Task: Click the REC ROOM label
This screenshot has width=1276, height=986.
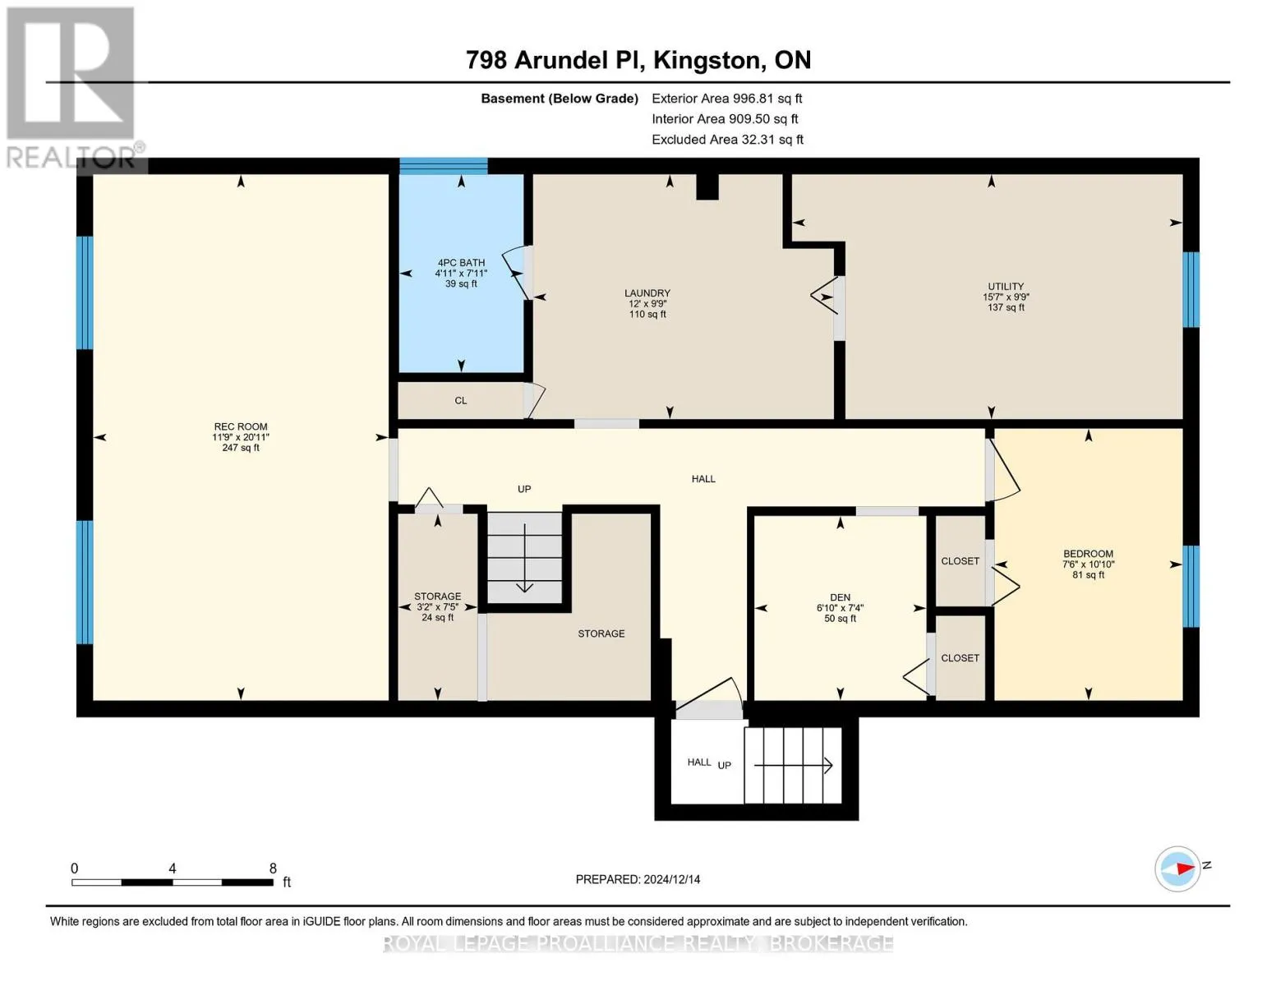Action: (241, 426)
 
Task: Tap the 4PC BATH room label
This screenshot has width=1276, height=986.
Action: (461, 262)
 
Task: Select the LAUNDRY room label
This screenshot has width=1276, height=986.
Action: (647, 293)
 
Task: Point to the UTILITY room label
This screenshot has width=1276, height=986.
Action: (1006, 287)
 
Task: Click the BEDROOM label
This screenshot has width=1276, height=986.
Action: (1088, 554)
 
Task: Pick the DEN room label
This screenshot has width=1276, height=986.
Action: (841, 597)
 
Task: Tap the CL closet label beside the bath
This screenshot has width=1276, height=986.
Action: (460, 400)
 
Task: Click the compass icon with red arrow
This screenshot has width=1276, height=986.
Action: (1177, 869)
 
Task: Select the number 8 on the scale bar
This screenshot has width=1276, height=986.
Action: (273, 868)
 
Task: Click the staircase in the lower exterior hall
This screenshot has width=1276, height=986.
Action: (794, 765)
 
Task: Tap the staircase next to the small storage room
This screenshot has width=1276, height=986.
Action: (524, 557)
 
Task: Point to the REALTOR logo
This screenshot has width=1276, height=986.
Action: (73, 89)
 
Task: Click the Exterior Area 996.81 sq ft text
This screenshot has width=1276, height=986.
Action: (727, 99)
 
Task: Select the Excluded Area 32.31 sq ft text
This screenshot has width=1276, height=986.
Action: (727, 140)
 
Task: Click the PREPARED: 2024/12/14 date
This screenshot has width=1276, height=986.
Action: (638, 879)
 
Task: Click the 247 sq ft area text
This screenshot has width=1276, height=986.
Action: (241, 448)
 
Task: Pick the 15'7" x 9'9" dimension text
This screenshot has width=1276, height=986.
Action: (1006, 297)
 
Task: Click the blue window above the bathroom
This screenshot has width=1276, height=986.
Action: (444, 166)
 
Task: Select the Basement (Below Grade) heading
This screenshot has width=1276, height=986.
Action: (560, 99)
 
